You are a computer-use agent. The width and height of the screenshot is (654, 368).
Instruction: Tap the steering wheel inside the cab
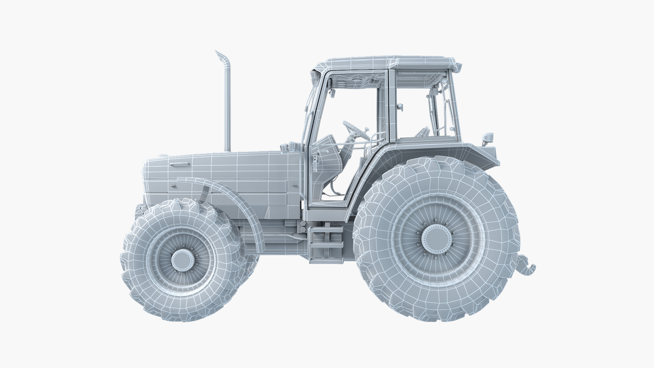[x=355, y=129]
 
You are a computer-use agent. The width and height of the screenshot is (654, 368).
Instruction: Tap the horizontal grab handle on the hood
[x=180, y=165]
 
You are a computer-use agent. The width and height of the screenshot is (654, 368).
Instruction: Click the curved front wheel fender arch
[x=238, y=201]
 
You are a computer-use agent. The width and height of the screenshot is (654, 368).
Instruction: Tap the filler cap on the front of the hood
[x=163, y=156]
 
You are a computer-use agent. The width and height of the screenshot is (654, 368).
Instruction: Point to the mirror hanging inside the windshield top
[x=332, y=92]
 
